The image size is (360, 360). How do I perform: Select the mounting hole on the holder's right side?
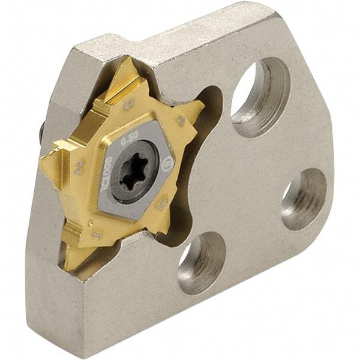pyautogui.click(x=304, y=199)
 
